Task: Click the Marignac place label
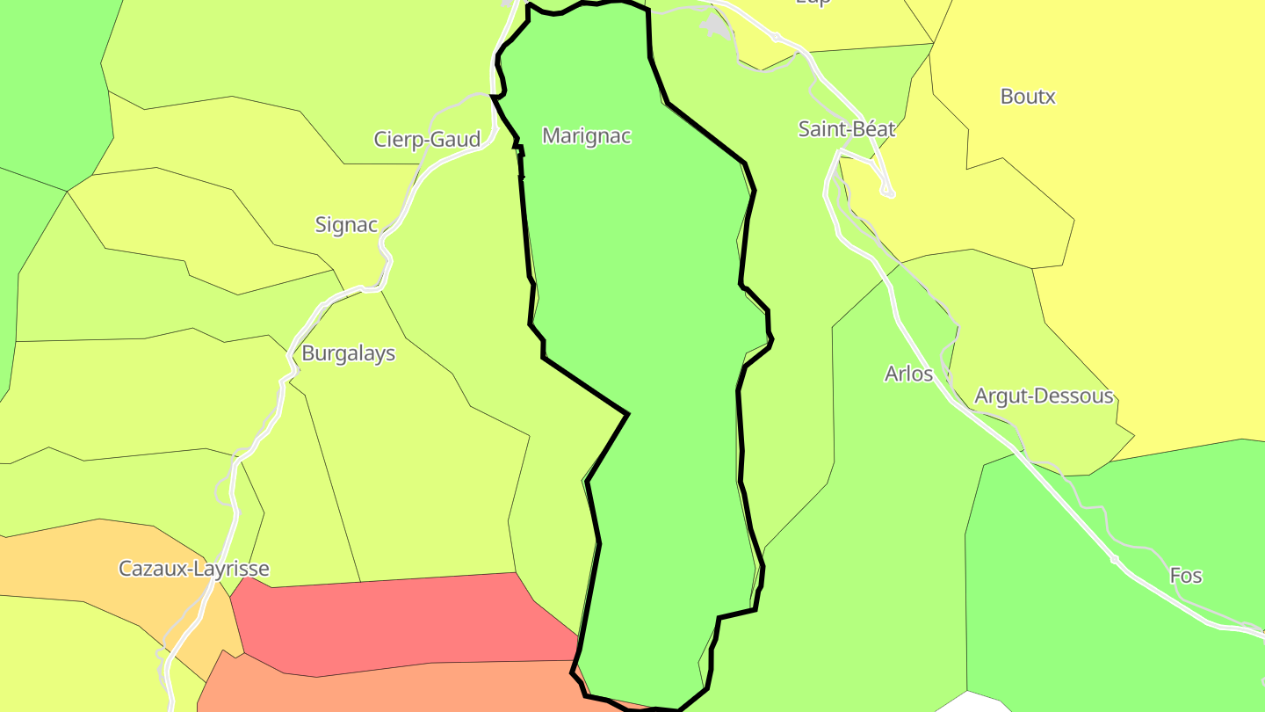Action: click(587, 136)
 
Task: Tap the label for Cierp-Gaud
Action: click(427, 140)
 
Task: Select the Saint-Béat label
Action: click(846, 129)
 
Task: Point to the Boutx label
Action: click(1028, 97)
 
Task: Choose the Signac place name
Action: click(346, 225)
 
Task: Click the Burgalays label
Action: click(348, 353)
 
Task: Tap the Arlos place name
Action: click(908, 374)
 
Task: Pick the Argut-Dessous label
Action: click(1044, 396)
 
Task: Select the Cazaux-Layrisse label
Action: click(194, 569)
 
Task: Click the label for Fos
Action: click(1185, 576)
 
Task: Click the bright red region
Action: click(395, 620)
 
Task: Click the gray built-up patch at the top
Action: click(717, 26)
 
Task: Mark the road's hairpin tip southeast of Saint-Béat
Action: click(889, 193)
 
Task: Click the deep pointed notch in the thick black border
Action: click(627, 413)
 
